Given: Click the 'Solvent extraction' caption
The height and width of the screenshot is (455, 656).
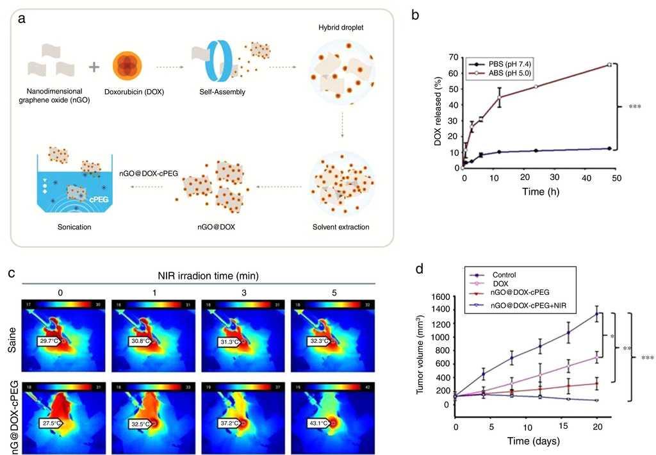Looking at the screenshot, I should pos(341,227).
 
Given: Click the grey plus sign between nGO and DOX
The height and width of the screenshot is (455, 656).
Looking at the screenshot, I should pos(94,67).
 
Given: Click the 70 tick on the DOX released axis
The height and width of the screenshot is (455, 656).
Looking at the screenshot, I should pos(453,57).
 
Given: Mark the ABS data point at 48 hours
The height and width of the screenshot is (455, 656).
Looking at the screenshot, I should pos(609,64).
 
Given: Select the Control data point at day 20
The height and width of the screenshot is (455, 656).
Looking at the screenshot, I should pos(597,313).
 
